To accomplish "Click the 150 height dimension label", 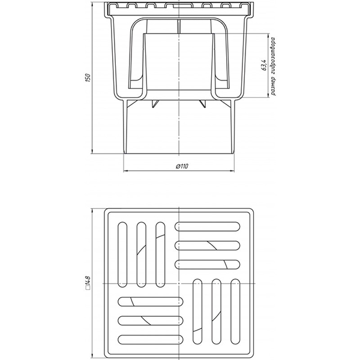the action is (88, 78).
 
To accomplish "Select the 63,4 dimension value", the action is (264, 65).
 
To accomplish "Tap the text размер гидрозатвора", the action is (273, 66).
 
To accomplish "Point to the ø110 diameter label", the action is (182, 166).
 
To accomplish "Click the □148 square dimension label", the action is (88, 283).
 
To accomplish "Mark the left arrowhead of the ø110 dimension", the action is (126, 171).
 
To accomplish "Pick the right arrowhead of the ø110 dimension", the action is (232, 171).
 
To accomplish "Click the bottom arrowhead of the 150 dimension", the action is (92, 151).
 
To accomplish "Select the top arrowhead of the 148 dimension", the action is (92, 211).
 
